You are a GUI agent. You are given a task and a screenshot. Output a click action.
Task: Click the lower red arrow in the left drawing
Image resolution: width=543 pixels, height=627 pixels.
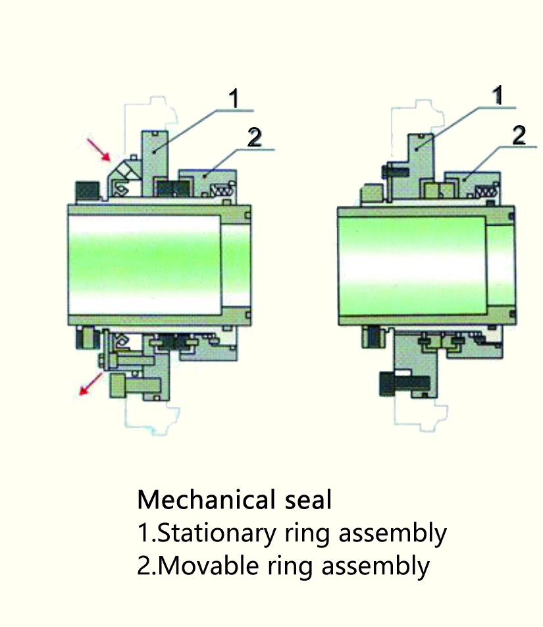(90, 384)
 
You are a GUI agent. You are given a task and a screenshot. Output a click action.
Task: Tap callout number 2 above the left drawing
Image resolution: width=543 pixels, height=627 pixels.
(254, 138)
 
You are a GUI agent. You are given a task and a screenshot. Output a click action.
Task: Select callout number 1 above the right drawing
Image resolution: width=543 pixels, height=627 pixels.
(498, 96)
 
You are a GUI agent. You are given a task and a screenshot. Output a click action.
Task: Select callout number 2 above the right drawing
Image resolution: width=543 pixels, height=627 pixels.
(519, 135)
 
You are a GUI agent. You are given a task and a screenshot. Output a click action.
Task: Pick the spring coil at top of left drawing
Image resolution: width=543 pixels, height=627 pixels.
(220, 191)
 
